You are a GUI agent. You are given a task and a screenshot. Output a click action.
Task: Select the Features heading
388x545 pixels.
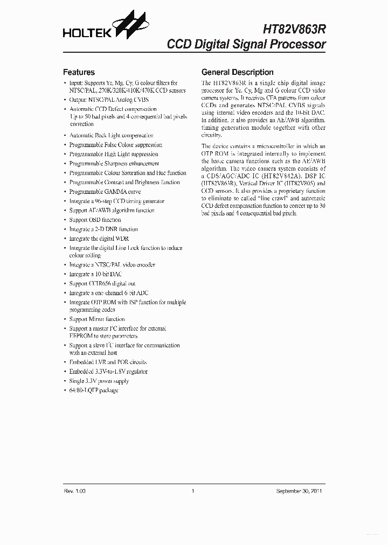pos(79,72)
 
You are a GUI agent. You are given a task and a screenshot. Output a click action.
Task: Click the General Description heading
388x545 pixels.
pos(237,72)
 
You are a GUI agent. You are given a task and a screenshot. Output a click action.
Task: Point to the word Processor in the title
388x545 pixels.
pos(297,44)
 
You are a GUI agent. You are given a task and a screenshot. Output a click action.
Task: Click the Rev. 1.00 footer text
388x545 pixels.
pos(74,491)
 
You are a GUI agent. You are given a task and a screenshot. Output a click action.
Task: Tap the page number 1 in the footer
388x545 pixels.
pos(192,491)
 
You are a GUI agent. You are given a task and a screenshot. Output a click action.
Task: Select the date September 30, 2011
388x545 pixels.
pos(299,491)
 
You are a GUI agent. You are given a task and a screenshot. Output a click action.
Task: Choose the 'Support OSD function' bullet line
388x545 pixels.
pos(95,220)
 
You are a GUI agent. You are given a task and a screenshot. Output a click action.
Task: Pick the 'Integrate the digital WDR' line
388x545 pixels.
pos(99,239)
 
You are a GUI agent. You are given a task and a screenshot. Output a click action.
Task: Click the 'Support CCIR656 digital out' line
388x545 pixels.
pos(102,283)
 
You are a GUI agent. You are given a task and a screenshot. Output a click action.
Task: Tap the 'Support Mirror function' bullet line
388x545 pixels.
pos(97,319)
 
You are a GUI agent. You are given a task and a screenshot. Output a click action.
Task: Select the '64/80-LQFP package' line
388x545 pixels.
pos(94,390)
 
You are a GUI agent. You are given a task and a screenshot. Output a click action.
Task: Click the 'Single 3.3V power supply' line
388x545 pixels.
pos(99,381)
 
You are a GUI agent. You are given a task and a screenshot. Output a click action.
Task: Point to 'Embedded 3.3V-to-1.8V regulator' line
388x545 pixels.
pos(108,372)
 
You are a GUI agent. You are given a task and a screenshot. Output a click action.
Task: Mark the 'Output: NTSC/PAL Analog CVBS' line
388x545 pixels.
pos(109,100)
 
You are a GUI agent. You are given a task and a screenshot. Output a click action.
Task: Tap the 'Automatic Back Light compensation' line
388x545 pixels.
pos(112,136)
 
